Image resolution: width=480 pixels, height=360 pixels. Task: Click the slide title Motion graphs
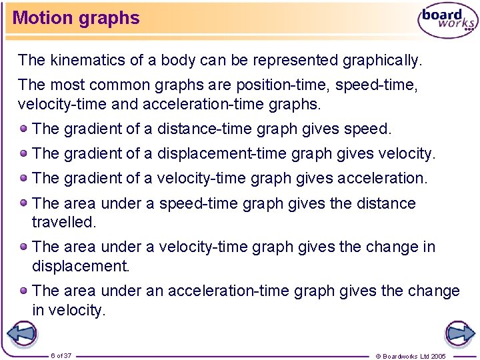(76, 18)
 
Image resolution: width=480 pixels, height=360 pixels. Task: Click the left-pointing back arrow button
(21, 333)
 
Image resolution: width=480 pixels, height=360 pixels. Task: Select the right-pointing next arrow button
(459, 333)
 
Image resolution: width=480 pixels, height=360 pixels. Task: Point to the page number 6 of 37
(61, 355)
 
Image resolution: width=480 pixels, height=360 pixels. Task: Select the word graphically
(382, 60)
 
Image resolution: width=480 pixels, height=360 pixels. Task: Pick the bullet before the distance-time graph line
(24, 128)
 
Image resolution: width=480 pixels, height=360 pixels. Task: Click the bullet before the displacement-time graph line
(24, 153)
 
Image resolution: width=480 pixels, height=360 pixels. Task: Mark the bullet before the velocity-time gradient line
(24, 177)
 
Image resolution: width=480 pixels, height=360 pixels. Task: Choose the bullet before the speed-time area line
(24, 203)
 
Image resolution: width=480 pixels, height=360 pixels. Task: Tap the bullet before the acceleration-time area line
(24, 290)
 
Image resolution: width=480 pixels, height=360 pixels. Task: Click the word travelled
(64, 221)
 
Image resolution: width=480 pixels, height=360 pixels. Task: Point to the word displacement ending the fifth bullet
(80, 266)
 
